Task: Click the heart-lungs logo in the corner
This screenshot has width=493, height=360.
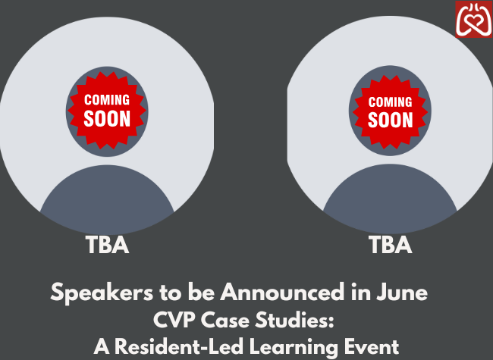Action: [x=474, y=19]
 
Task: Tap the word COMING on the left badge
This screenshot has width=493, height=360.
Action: [x=107, y=100]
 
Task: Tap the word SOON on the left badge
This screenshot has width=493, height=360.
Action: [x=107, y=119]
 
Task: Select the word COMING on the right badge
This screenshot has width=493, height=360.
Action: [x=390, y=102]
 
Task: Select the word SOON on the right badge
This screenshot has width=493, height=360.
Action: [x=390, y=120]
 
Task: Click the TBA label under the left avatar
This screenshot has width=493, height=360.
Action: [x=107, y=245]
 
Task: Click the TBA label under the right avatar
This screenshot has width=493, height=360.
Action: [x=390, y=245]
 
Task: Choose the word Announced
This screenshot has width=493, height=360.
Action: [x=282, y=292]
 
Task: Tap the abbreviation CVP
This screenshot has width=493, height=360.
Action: [x=174, y=320]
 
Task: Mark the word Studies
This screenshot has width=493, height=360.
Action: [x=294, y=320]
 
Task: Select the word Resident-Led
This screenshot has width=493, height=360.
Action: [x=178, y=347]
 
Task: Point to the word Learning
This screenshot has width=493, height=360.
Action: [x=294, y=348]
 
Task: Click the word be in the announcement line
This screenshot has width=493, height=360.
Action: [x=202, y=292]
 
